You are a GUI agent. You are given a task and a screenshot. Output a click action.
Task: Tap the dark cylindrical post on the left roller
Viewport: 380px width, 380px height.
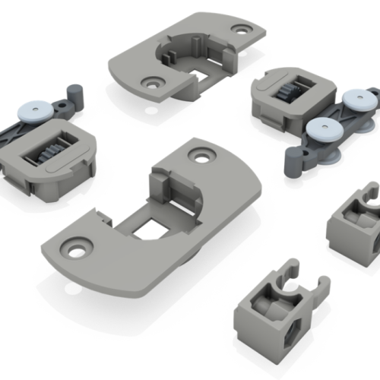(x=75, y=94)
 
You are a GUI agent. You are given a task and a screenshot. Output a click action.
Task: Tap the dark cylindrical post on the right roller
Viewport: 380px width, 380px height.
(x=293, y=160)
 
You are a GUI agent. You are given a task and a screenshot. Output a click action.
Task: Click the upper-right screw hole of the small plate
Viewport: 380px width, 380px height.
(x=243, y=30)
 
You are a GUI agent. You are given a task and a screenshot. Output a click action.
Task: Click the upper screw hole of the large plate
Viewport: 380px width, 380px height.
(x=202, y=155)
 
